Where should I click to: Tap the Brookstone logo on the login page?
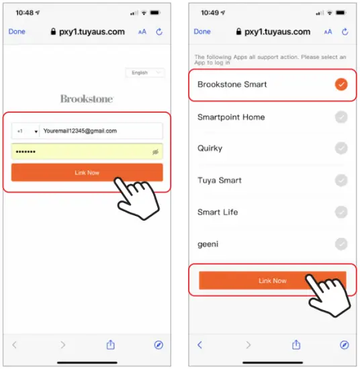click(x=87, y=99)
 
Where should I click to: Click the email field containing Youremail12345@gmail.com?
click(x=101, y=131)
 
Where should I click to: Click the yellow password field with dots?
click(x=81, y=152)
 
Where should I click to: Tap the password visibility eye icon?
click(x=155, y=152)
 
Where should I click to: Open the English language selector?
click(x=144, y=72)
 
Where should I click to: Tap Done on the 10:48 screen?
click(x=17, y=32)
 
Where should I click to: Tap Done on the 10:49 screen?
click(x=202, y=32)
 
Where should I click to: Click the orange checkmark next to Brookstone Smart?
click(x=341, y=85)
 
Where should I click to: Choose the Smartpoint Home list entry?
click(x=231, y=117)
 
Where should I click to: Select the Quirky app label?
click(x=210, y=148)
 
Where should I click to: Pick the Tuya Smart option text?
click(x=220, y=180)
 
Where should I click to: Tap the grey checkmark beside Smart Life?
click(x=341, y=212)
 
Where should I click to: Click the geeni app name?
click(x=208, y=244)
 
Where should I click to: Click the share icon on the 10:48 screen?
click(x=111, y=344)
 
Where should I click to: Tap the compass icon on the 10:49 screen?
click(x=345, y=344)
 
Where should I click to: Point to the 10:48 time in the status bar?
click(x=25, y=13)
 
